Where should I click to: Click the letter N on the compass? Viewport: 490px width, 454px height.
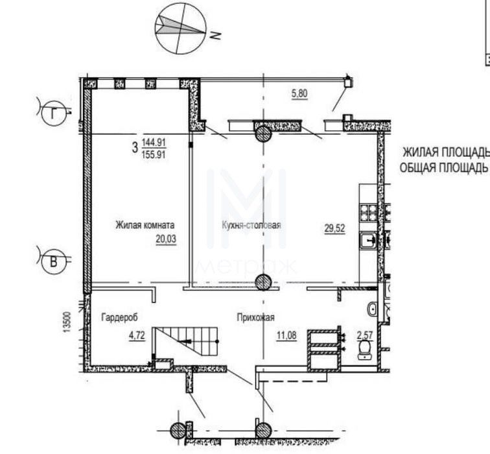pyautogui.click(x=215, y=35)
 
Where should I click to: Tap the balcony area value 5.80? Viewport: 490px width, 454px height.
pyautogui.click(x=299, y=93)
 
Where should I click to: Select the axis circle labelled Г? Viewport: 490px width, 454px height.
pyautogui.click(x=54, y=113)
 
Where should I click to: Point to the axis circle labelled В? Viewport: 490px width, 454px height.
pyautogui.click(x=54, y=261)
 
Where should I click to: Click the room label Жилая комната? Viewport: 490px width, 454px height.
pyautogui.click(x=145, y=225)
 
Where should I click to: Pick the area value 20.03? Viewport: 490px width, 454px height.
pyautogui.click(x=166, y=239)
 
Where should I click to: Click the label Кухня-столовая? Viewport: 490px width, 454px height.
pyautogui.click(x=251, y=225)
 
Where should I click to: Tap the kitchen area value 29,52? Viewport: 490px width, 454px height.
pyautogui.click(x=334, y=228)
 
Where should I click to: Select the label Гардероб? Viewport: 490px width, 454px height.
pyautogui.click(x=119, y=317)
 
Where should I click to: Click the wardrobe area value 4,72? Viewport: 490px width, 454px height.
pyautogui.click(x=137, y=335)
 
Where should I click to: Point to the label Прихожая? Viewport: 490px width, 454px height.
pyautogui.click(x=255, y=318)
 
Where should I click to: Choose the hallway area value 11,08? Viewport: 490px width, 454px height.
pyautogui.click(x=286, y=335)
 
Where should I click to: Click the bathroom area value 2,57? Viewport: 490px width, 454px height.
pyautogui.click(x=365, y=335)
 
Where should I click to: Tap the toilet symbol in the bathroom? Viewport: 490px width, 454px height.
pyautogui.click(x=365, y=349)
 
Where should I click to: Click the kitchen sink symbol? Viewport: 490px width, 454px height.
pyautogui.click(x=369, y=241)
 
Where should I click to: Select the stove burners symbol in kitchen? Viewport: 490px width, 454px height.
pyautogui.click(x=369, y=212)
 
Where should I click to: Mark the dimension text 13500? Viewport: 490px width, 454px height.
pyautogui.click(x=67, y=322)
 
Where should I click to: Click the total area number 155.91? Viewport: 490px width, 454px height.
pyautogui.click(x=153, y=155)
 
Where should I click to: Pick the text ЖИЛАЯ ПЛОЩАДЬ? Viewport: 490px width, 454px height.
pyautogui.click(x=446, y=152)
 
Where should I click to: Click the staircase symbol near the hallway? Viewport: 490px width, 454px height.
pyautogui.click(x=186, y=341)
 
